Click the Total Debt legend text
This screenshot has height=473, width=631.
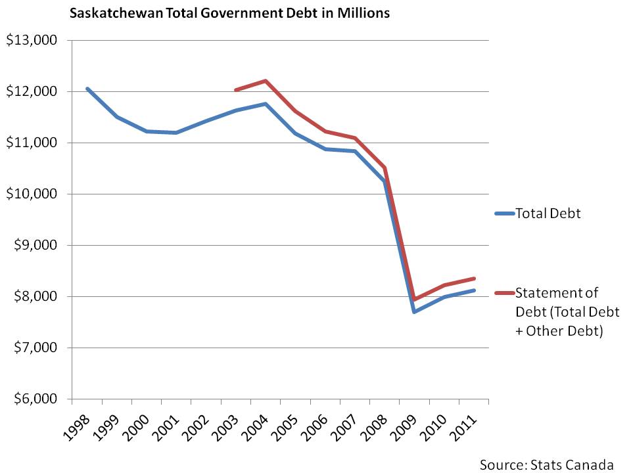tap(548, 214)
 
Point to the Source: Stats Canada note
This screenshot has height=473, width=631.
tap(546, 464)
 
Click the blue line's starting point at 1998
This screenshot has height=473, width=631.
tap(87, 88)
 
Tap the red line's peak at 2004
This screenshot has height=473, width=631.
tap(265, 81)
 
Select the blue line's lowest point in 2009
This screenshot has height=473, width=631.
tap(414, 311)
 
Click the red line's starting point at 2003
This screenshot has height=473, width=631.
tap(235, 90)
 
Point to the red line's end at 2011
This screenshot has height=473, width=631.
tap(474, 279)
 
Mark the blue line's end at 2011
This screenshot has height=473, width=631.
tap(474, 290)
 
